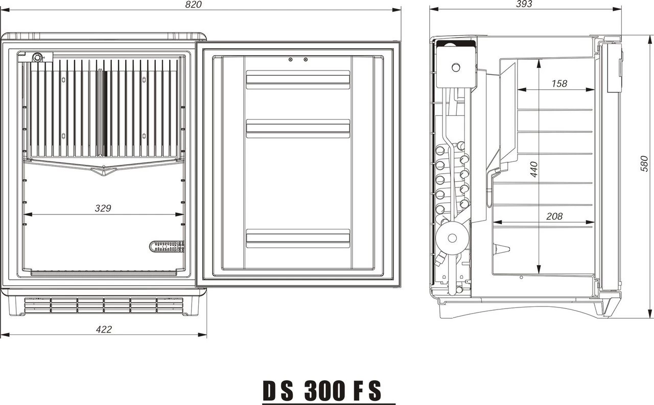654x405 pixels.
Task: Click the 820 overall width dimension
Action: coord(194,5)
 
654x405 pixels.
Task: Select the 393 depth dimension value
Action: coord(524,4)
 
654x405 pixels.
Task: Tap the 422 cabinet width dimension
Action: coord(104,329)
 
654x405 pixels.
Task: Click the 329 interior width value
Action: coord(103,208)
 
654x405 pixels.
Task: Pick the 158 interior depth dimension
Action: coord(559,83)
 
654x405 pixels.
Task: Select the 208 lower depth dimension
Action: coord(554,216)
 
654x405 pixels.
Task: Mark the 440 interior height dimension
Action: coord(533,169)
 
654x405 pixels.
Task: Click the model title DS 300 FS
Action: coord(322,391)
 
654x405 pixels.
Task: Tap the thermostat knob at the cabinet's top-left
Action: coord(37,58)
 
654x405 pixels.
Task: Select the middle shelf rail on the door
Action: coord(298,128)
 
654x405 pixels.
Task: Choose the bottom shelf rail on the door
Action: coord(298,238)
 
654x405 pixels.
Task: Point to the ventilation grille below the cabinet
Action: coord(104,305)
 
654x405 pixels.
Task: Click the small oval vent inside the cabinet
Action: coord(167,247)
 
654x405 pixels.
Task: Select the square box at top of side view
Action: coord(455,66)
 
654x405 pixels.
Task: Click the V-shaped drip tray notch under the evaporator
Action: coord(104,173)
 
